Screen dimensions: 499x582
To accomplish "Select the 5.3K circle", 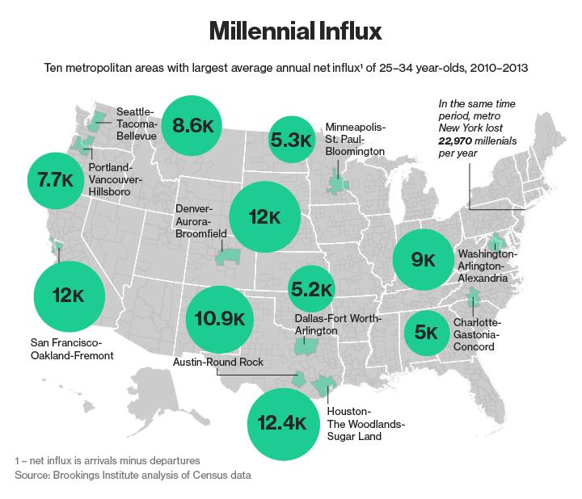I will coord(292,140).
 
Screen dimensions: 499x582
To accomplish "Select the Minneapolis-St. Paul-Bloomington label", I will coord(356,139).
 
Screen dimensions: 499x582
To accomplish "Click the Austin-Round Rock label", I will coord(218,363).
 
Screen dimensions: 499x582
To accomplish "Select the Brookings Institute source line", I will coord(133,475).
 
